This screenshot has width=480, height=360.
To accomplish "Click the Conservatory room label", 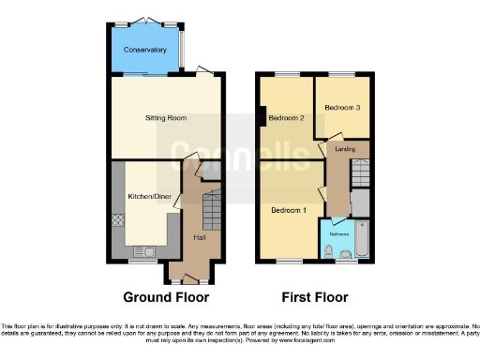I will (x=144, y=50).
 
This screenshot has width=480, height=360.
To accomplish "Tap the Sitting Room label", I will (x=166, y=119).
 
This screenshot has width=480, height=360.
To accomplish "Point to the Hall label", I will (x=200, y=237).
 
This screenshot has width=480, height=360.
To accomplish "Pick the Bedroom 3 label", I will (x=342, y=108).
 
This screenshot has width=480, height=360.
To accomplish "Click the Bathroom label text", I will (x=338, y=232).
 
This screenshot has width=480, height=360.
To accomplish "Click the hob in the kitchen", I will (x=118, y=222).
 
